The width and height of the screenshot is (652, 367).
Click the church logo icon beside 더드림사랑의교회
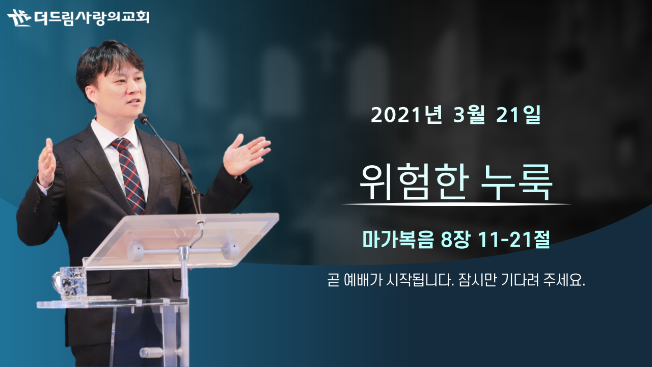point(19,17)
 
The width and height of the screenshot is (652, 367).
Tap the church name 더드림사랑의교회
point(92,17)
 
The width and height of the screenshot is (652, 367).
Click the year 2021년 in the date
point(406,115)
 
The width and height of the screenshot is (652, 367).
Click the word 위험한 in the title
point(415,182)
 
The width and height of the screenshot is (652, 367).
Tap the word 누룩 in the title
point(517,182)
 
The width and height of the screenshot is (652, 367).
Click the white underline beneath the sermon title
point(456,204)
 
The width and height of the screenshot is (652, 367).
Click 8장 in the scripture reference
point(455,240)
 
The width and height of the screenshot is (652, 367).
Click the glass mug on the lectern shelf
point(70,282)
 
